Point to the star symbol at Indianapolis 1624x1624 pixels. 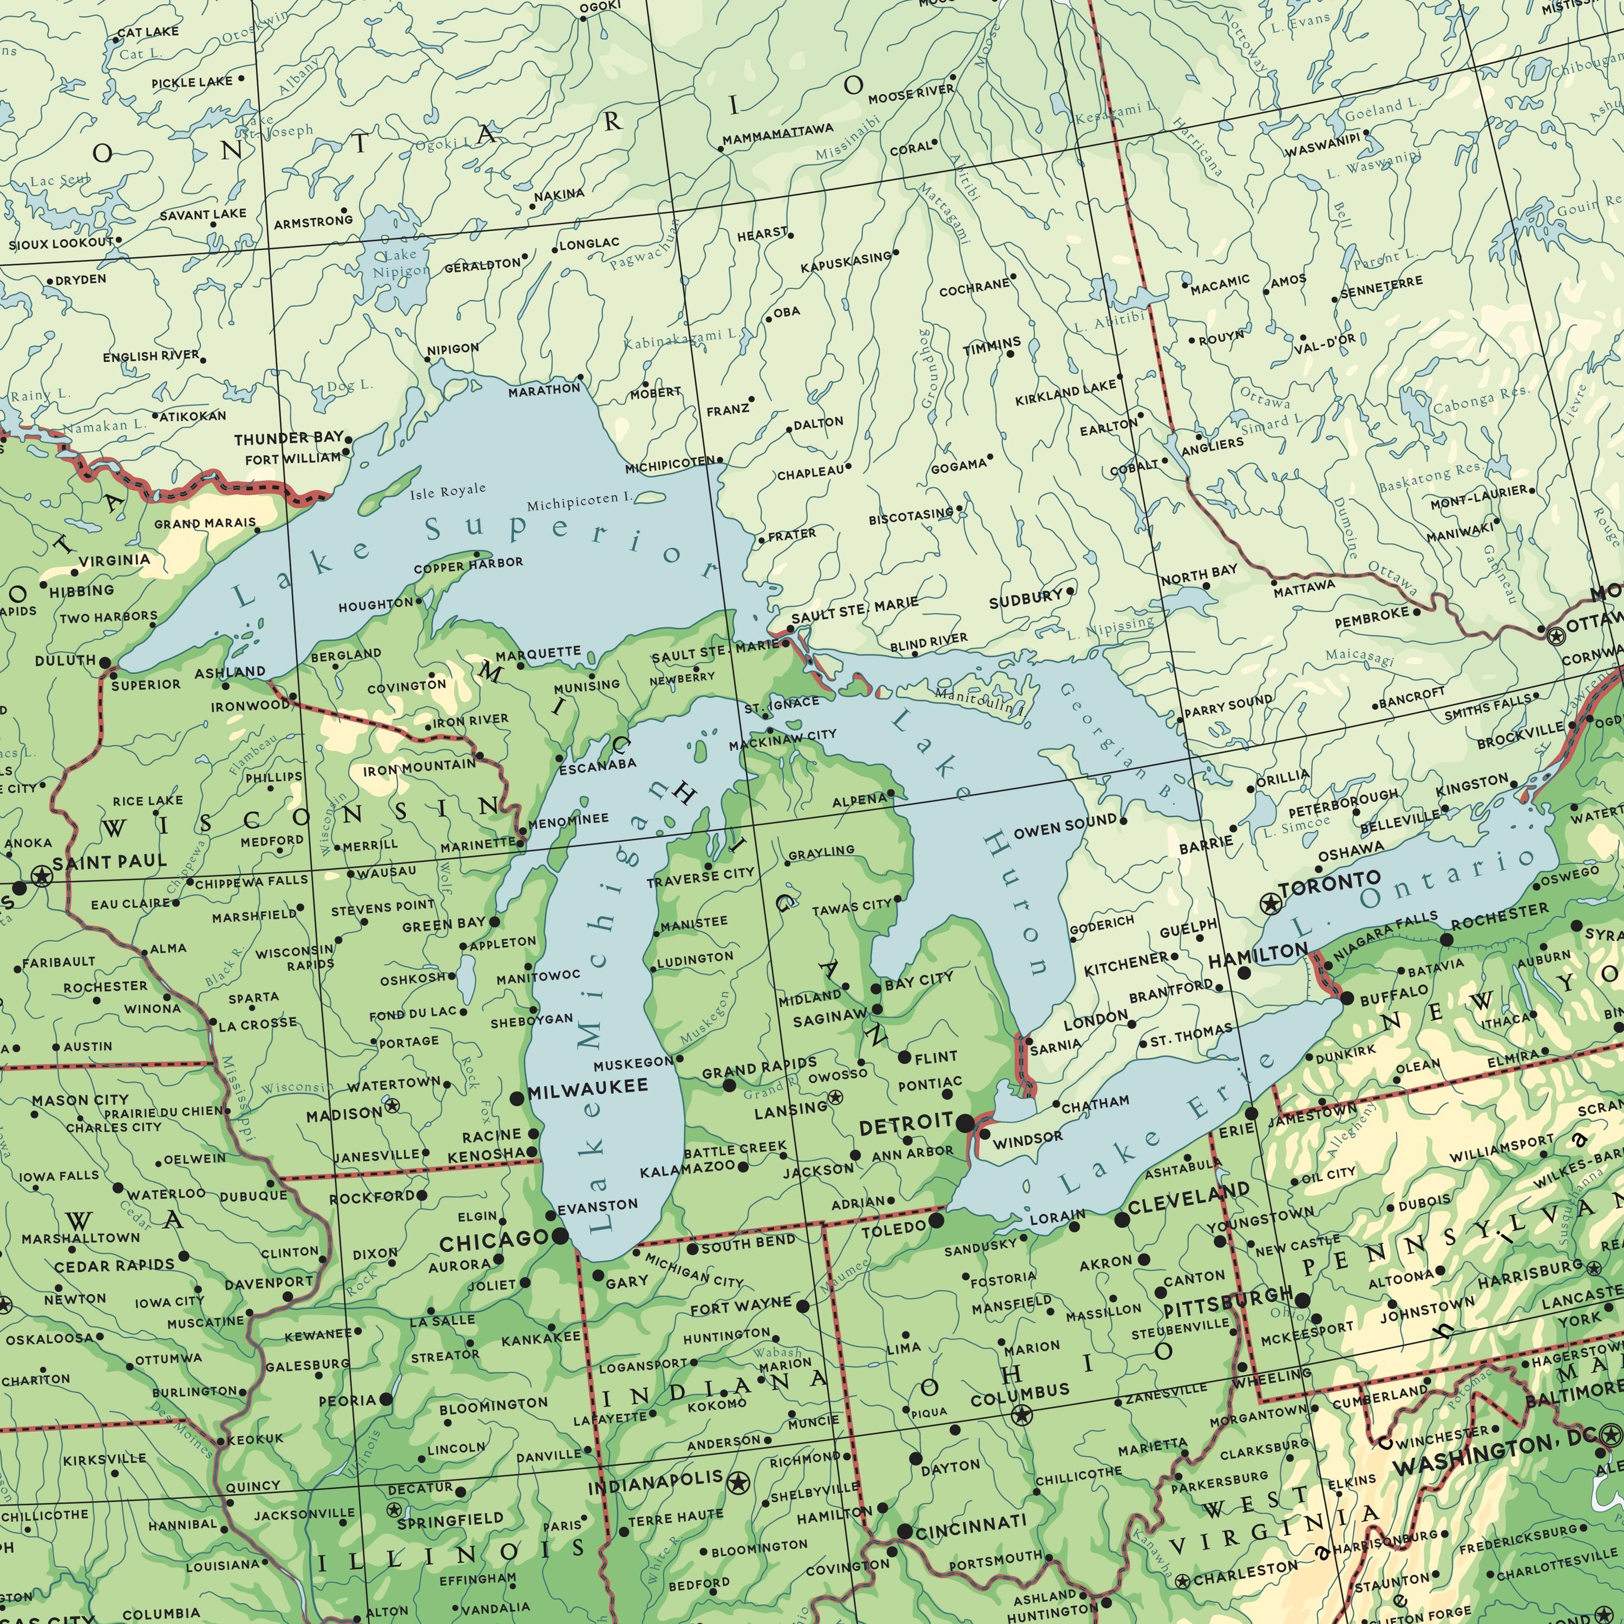pyautogui.click(x=739, y=1484)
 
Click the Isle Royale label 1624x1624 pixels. pyautogui.click(x=448, y=491)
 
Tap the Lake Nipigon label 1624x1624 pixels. pyautogui.click(x=400, y=262)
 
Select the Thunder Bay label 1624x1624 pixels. pyautogui.click(x=289, y=438)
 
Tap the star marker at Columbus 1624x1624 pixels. pyautogui.click(x=1022, y=1415)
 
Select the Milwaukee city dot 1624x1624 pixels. pyautogui.click(x=517, y=1099)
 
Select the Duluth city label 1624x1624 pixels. pyautogui.click(x=66, y=660)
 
